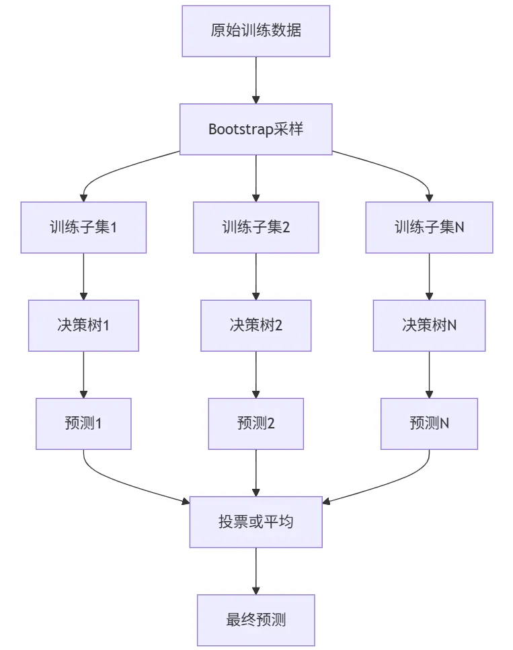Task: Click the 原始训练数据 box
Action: click(x=255, y=31)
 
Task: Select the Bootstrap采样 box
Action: click(x=255, y=129)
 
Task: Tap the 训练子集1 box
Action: click(x=83, y=227)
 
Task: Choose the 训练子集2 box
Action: click(x=255, y=227)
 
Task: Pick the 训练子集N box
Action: click(x=429, y=227)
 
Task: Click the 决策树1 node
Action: click(x=83, y=325)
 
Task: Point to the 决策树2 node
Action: click(x=255, y=325)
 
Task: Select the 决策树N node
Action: click(x=429, y=325)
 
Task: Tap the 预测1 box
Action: click(x=83, y=423)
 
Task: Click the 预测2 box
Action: click(x=255, y=423)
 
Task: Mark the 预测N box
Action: click(x=429, y=423)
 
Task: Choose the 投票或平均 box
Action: click(x=255, y=522)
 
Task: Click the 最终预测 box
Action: click(x=255, y=619)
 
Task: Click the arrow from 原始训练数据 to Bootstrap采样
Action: click(x=255, y=80)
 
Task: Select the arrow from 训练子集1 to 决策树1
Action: click(x=83, y=276)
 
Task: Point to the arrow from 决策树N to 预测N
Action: click(x=429, y=374)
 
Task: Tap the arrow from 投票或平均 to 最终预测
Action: click(x=255, y=571)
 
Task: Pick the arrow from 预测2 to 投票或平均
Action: click(x=255, y=473)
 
